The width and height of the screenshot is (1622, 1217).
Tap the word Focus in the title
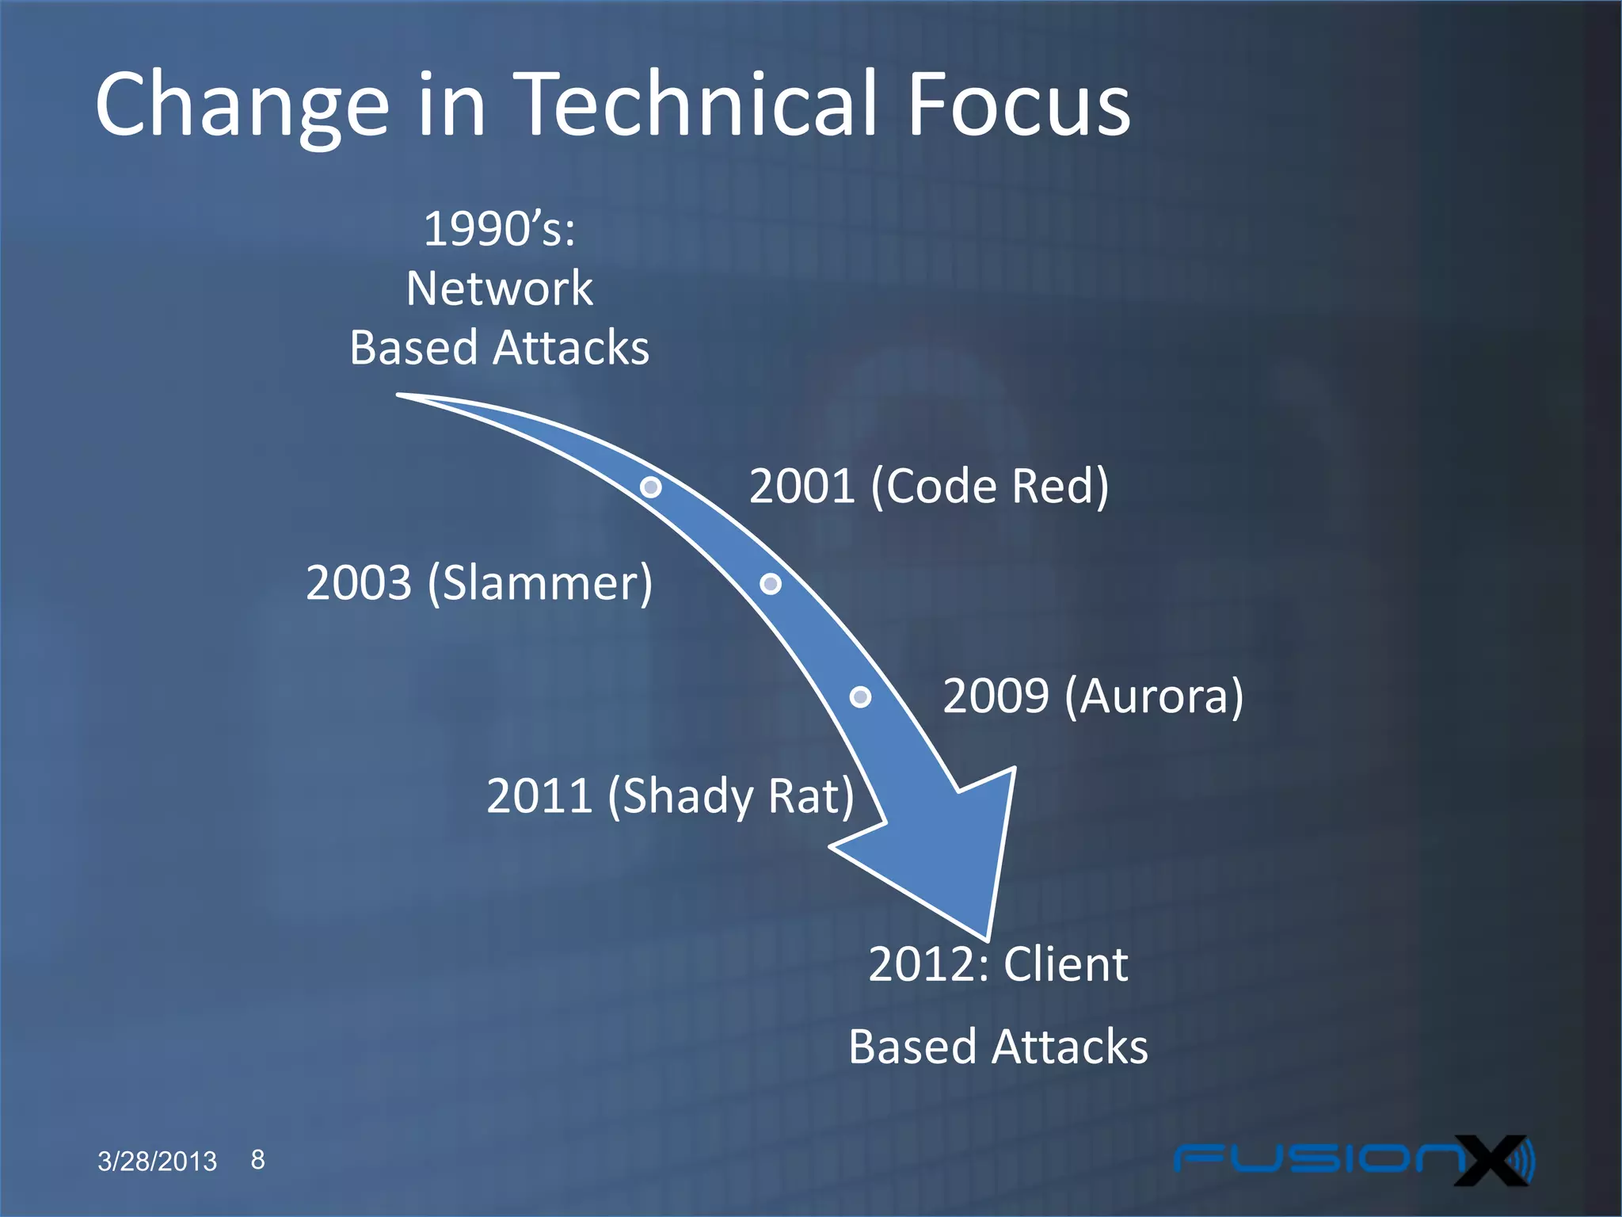point(1019,105)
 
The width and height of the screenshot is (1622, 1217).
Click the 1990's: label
point(499,229)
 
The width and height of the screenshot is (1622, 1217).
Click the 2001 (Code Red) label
point(928,486)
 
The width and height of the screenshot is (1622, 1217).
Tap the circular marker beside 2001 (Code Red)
point(651,486)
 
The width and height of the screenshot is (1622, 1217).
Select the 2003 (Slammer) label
point(479,583)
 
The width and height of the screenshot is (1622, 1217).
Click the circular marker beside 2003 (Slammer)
point(771,584)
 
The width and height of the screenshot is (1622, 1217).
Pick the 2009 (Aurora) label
point(1092,696)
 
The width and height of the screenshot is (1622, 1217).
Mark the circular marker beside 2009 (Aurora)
point(860,696)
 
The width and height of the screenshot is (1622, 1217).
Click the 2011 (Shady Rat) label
point(670,795)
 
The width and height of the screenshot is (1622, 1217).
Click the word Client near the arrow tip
point(1065,964)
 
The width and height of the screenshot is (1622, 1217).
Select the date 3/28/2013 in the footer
point(157,1161)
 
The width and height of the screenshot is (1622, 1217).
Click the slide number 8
point(258,1159)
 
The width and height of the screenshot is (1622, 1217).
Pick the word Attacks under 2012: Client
point(1069,1047)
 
